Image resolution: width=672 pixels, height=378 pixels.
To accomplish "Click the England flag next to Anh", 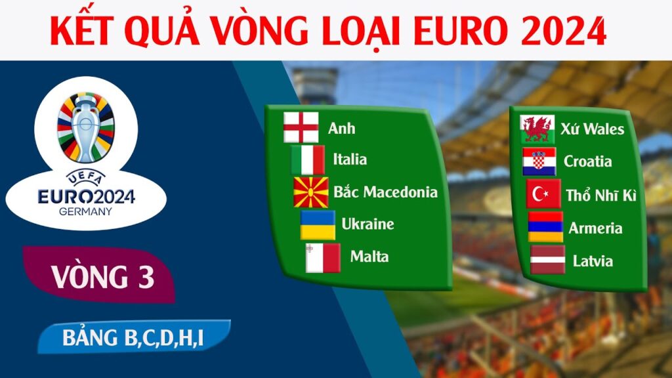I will coord(301,128).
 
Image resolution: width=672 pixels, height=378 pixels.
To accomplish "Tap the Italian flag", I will coord(308,159).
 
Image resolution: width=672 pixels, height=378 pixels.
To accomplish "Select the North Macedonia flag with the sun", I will coord(311,192).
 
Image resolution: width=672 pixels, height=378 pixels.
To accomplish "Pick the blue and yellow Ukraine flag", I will coord(318,224).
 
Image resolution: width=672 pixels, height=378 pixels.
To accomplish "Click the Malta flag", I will coord(323,257).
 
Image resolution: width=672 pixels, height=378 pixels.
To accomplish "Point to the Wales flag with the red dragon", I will coord(537,129).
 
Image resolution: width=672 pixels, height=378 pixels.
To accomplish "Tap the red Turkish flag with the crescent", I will coord(544,195).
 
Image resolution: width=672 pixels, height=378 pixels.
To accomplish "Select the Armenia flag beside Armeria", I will coord(546,228).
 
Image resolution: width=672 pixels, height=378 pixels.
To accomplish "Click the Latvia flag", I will coord(547,261).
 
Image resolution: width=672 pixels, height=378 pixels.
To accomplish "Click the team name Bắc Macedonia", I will coord(385,192).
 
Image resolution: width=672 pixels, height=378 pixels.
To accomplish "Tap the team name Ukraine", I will coord(367,224).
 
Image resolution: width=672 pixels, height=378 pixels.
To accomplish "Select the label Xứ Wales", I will coord(593,129).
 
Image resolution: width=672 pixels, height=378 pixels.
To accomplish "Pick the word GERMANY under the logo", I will coord(85,211).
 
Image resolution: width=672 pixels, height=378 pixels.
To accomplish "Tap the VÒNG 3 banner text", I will coord(103,276).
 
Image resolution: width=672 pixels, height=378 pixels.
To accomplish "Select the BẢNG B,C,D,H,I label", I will coord(133,338).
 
